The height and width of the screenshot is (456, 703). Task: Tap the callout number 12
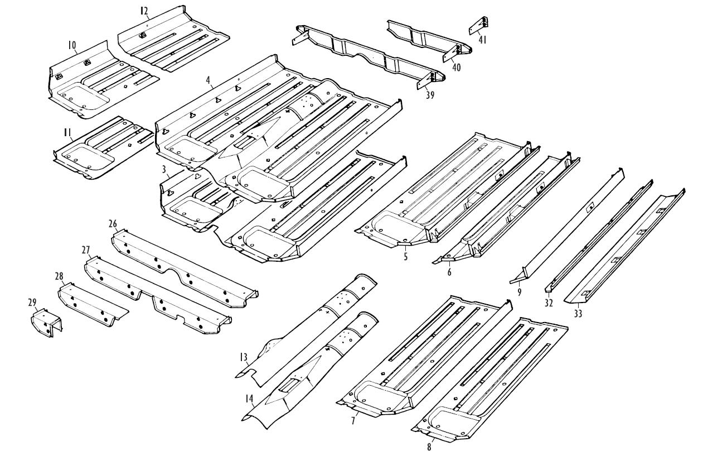pyautogui.click(x=144, y=11)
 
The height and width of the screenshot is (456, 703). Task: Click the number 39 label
pyautogui.click(x=429, y=95)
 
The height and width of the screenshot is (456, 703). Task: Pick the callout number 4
pyautogui.click(x=207, y=80)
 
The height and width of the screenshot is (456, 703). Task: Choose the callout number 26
pyautogui.click(x=113, y=224)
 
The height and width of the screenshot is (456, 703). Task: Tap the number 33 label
pyautogui.click(x=578, y=314)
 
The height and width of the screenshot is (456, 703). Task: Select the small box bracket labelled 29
pyautogui.click(x=46, y=324)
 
